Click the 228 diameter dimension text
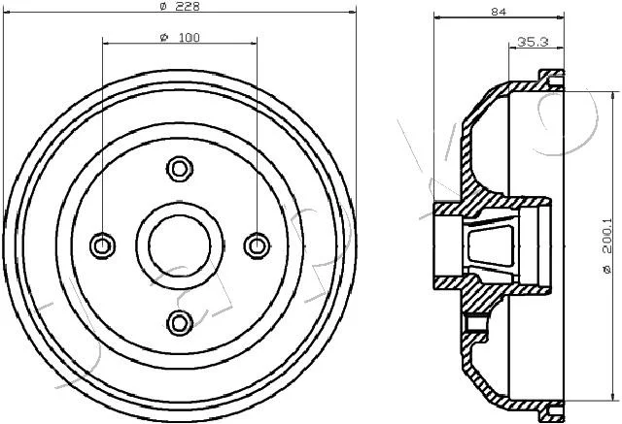pos(187,6)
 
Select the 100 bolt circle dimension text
pos(190,38)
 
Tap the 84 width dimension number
pos(499,12)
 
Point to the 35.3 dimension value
pos(533,41)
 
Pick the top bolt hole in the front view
pos(180,169)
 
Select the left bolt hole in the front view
pos(102,245)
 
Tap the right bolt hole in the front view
pos(257,245)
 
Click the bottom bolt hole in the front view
pos(180,323)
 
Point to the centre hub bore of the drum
pos(180,245)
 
